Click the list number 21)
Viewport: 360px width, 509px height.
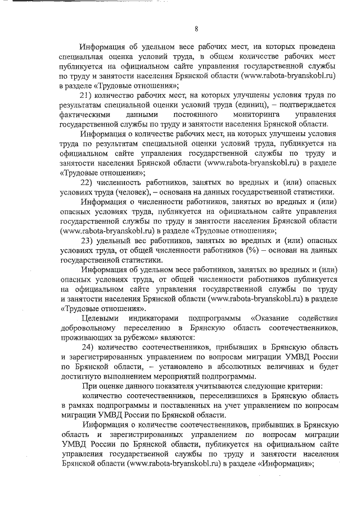pos(91,94)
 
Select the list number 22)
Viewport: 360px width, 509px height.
pos(91,182)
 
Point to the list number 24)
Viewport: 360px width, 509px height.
pos(91,348)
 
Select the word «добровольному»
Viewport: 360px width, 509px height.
pos(87,328)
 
